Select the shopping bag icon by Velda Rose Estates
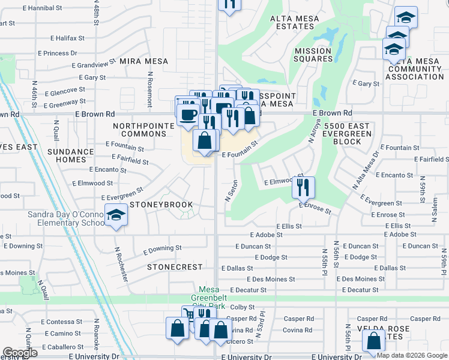point(373,341)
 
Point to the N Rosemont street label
point(150,86)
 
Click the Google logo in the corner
point(19,353)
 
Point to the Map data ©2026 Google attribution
point(412,355)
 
